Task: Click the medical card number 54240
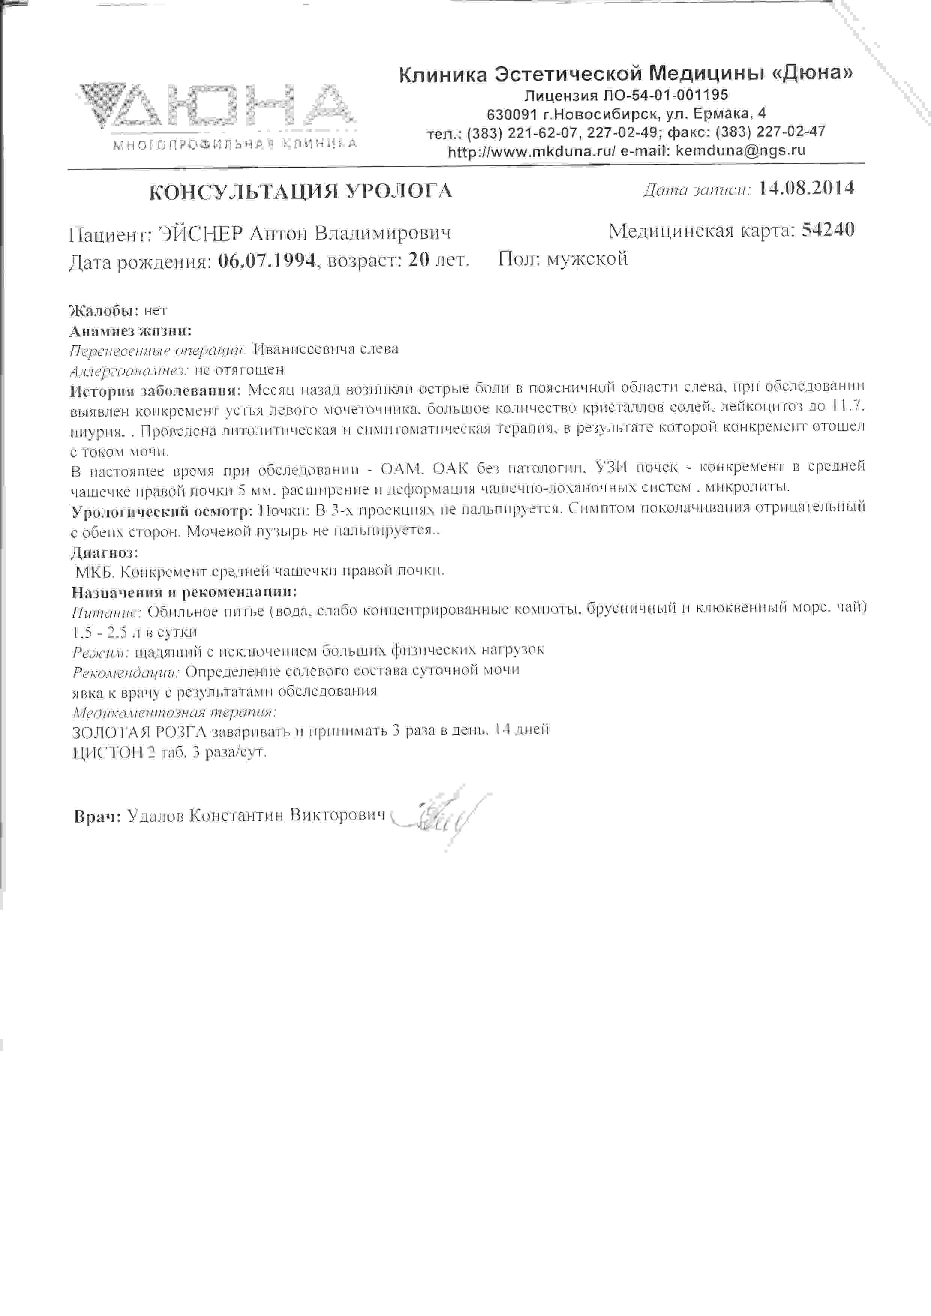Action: tap(828, 230)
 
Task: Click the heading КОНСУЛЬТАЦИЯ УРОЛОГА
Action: tap(300, 191)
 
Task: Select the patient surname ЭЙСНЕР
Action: tap(200, 234)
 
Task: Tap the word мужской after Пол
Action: tap(587, 259)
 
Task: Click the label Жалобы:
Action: tap(104, 311)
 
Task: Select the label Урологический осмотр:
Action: tap(162, 511)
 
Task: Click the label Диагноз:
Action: tap(104, 553)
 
